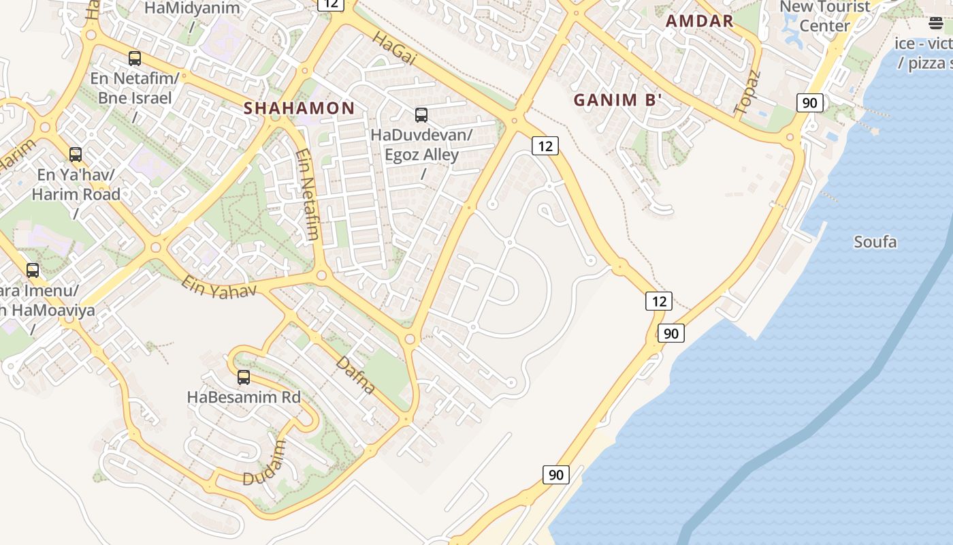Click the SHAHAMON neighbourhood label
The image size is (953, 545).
(300, 108)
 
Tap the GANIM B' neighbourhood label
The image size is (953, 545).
(618, 100)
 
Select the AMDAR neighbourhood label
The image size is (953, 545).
(700, 21)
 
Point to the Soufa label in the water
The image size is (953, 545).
(875, 242)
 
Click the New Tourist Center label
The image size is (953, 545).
(824, 16)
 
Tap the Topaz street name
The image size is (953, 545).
(747, 91)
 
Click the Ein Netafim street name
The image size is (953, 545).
(308, 195)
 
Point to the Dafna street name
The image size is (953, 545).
(355, 375)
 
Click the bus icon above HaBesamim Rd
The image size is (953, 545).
(244, 377)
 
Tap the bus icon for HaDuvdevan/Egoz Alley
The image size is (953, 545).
(421, 115)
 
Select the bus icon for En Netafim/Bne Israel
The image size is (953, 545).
(135, 59)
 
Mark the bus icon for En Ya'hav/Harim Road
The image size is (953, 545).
(76, 155)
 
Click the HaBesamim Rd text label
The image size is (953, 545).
(244, 396)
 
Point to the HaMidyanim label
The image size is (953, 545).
(193, 9)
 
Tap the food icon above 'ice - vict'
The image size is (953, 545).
(936, 24)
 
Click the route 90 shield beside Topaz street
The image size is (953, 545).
(809, 103)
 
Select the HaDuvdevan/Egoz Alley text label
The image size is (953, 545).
(421, 144)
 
